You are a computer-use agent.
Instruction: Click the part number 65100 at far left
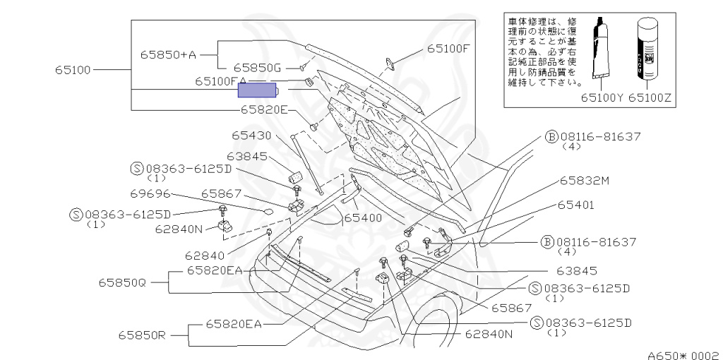coord(73,70)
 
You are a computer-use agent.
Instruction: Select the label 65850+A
coord(167,53)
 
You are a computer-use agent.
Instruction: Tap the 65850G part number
coord(258,68)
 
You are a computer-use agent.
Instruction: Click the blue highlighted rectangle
coord(259,90)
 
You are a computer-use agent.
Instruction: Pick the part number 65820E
coord(264,109)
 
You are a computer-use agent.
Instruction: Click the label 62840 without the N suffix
coord(204,256)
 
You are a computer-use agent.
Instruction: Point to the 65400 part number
coord(362,218)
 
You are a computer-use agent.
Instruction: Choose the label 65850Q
coord(122,282)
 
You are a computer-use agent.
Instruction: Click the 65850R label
coord(141,335)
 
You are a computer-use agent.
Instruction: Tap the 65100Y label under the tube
coord(602,99)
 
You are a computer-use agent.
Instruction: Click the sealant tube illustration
coord(602,53)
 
